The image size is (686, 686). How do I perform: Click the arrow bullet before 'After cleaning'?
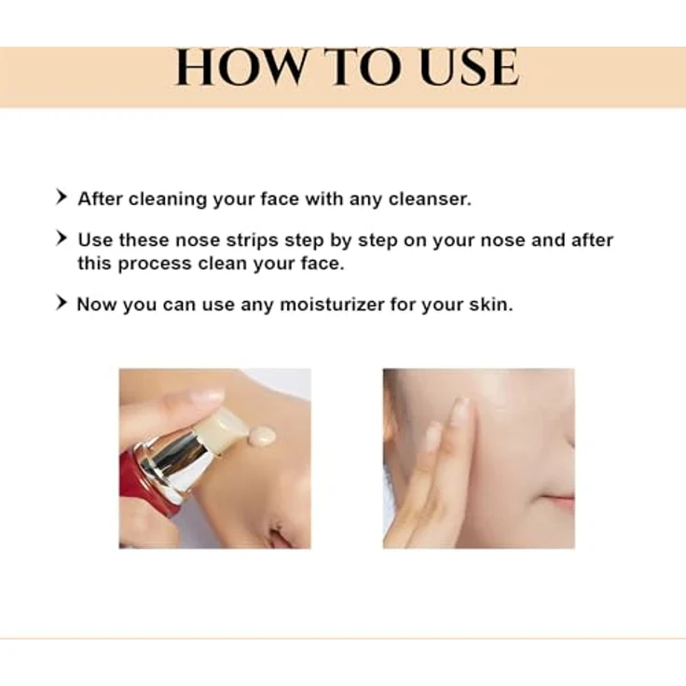coord(62,197)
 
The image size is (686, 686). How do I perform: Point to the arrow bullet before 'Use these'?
coord(62,239)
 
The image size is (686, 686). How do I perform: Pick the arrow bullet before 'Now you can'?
coord(62,302)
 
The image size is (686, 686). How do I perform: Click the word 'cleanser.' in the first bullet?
coord(430,199)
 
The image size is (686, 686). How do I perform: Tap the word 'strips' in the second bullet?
coord(252,241)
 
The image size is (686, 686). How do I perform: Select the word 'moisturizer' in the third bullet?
coord(332,304)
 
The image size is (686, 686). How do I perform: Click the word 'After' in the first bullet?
coord(100,199)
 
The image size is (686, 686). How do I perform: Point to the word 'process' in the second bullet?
coord(155,265)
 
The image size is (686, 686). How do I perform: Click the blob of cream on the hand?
coord(261,435)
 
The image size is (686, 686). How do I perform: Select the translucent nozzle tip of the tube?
coord(220,430)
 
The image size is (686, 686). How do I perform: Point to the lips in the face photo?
coord(560,500)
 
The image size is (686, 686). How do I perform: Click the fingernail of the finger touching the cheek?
coord(460,409)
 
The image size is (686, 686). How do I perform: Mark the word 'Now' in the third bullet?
coord(97,304)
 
